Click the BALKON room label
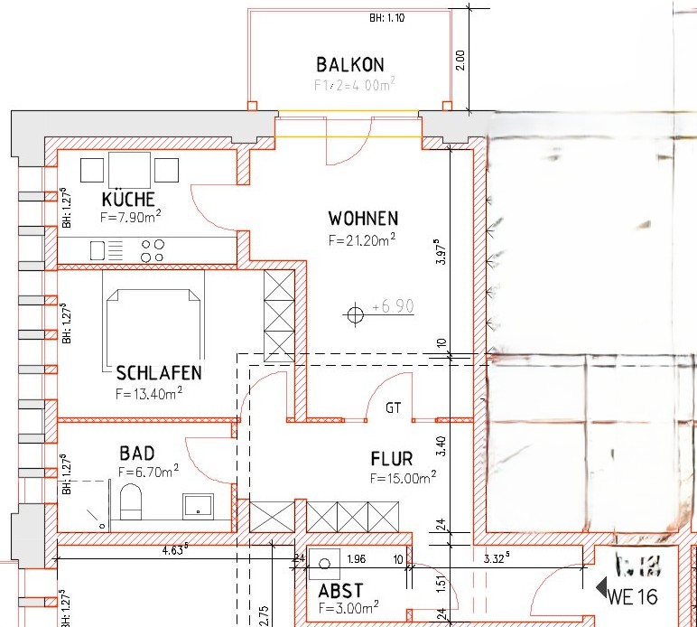click(350, 65)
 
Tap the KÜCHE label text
click(128, 200)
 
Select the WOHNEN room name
click(363, 219)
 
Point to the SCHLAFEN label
click(159, 373)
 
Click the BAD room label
click(137, 453)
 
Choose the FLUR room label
click(391, 458)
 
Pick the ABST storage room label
click(339, 591)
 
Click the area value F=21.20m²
click(363, 240)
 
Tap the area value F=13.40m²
click(149, 393)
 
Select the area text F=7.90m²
click(131, 218)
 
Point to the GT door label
click(393, 408)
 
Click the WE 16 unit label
click(633, 596)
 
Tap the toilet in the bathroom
click(131, 501)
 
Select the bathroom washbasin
click(197, 504)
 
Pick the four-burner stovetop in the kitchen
click(153, 250)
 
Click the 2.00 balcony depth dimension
click(460, 60)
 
